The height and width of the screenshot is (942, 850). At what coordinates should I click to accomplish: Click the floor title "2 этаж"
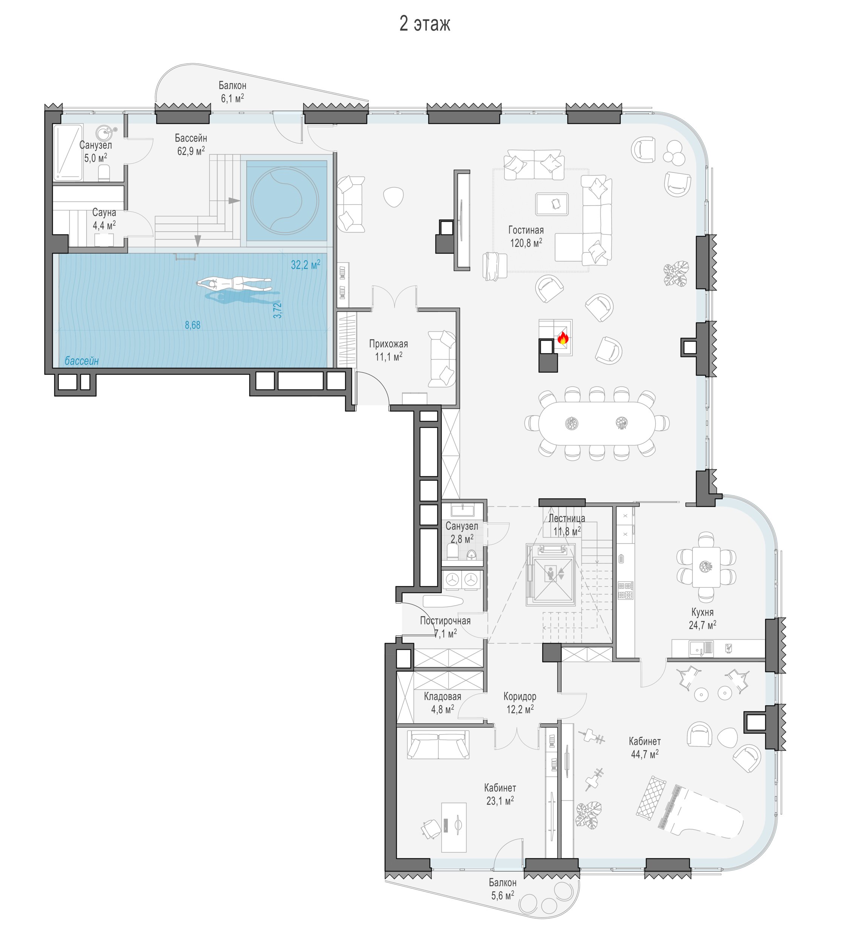(x=425, y=24)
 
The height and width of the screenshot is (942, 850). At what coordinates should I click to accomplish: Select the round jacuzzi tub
(x=285, y=200)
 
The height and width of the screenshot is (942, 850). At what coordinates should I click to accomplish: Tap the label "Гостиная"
(x=526, y=230)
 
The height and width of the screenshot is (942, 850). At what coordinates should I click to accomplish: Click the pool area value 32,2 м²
(x=305, y=265)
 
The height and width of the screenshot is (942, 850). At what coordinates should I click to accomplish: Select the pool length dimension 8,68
(x=192, y=325)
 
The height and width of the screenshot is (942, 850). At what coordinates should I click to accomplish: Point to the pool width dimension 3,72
(x=278, y=310)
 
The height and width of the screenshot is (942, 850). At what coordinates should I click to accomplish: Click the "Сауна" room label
(x=104, y=213)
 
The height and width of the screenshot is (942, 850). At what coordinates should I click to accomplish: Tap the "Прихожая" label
(x=388, y=344)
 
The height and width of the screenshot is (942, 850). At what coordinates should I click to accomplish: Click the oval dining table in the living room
(x=597, y=423)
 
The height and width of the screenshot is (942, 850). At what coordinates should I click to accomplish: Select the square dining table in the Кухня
(x=706, y=567)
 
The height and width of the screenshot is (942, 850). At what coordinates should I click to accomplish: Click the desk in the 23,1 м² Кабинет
(x=454, y=827)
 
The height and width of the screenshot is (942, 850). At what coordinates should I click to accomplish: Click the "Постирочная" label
(x=445, y=621)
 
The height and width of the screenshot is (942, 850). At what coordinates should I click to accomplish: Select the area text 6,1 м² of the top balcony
(x=232, y=98)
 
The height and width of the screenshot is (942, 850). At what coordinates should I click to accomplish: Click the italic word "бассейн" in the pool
(x=82, y=361)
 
